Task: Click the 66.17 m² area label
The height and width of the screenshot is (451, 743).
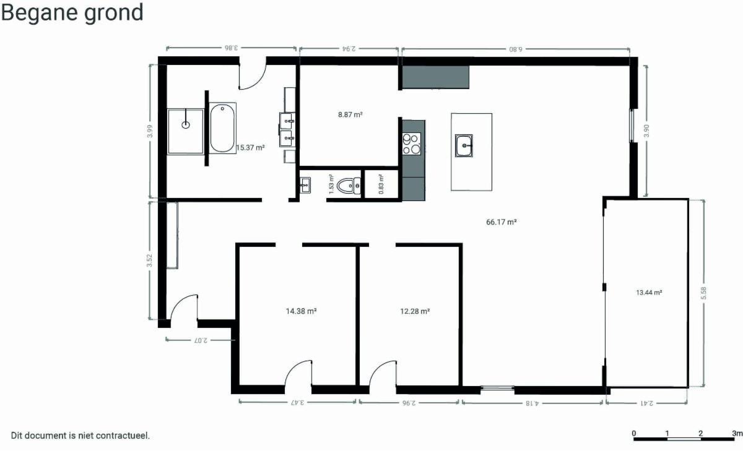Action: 501,222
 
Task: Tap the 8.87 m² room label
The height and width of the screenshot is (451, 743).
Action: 350,114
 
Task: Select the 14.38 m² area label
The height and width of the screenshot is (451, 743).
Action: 301,311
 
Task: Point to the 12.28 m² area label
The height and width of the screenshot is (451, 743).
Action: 415,311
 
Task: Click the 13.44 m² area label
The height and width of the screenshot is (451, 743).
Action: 649,293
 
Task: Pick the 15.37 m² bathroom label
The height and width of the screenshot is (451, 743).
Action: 250,147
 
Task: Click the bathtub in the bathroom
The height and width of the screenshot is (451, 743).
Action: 222,128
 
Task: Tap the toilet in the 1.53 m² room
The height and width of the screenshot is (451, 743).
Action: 349,186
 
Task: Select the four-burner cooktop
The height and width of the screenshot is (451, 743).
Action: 412,144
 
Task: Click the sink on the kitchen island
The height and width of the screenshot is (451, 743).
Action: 464,145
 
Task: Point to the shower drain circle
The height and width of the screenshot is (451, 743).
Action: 186,125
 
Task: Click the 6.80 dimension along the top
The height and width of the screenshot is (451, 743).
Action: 515,49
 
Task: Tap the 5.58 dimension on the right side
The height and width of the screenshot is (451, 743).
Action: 703,293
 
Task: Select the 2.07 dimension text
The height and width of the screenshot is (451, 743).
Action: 201,340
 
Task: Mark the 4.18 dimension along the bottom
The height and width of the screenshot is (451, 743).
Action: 532,403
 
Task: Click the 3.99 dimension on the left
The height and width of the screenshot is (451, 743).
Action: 150,131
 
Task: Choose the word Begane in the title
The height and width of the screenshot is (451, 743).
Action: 40,12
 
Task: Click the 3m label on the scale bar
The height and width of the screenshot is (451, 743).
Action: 737,433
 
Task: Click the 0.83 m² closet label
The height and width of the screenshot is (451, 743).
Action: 381,184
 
